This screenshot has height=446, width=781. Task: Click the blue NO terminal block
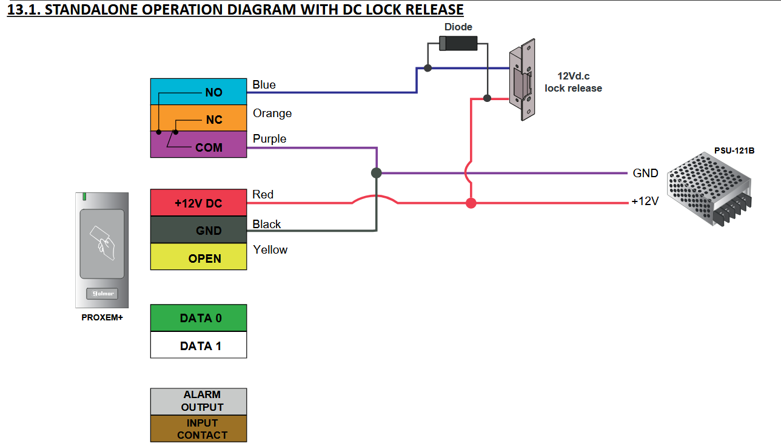point(198,92)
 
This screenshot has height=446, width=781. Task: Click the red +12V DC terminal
point(198,203)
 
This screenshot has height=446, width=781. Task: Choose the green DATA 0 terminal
point(198,318)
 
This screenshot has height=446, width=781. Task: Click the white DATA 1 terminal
point(198,346)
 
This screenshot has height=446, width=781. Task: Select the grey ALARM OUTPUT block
point(198,401)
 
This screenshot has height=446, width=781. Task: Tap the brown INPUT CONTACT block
point(198,428)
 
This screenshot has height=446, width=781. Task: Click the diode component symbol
point(458,43)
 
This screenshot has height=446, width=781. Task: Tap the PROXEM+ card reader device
point(102,249)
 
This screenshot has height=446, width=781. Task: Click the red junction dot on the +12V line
point(471,203)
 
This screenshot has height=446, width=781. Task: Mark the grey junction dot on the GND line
point(377,173)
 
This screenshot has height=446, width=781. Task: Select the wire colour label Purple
point(270,139)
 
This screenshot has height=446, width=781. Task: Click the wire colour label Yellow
point(270,249)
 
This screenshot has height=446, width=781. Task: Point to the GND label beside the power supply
point(645,173)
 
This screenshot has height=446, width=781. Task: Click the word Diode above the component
point(458,27)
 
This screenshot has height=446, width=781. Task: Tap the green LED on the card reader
point(85,197)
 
